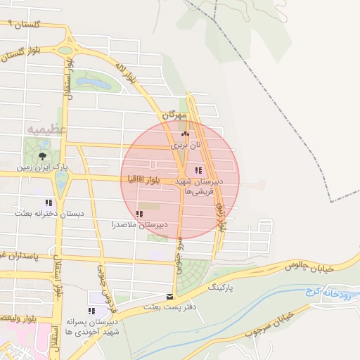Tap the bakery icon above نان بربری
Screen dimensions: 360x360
pos(185,134)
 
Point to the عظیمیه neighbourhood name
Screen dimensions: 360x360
pos(47,130)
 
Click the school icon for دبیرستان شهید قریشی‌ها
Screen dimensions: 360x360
pos(198,170)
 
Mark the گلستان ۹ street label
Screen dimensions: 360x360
pos(23,25)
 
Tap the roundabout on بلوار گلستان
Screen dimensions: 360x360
pos(67,50)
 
